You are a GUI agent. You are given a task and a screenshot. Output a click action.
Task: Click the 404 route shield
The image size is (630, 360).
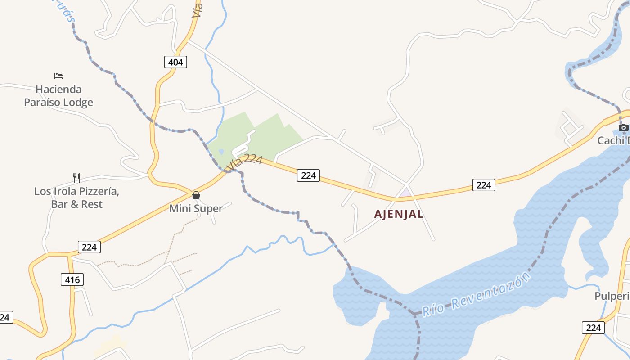tap(175, 62)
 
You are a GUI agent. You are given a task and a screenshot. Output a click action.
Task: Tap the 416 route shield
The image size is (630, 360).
tap(72, 280)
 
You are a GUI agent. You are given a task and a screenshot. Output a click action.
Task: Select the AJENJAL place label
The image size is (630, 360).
tap(399, 214)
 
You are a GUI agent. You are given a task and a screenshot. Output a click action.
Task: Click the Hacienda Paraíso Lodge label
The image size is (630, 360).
tap(58, 96)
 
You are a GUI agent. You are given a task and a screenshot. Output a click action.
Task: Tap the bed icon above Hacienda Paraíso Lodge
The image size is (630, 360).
tap(58, 76)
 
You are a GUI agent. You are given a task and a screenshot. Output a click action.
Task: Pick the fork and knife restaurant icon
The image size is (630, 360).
tap(76, 178)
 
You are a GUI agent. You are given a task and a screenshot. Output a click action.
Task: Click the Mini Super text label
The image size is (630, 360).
tap(196, 209)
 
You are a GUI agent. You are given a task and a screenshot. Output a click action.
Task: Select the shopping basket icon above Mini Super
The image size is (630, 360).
tap(196, 195)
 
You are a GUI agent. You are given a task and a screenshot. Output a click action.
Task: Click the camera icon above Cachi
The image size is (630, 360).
tap(624, 128)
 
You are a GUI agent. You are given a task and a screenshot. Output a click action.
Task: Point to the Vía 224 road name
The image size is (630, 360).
tap(244, 162)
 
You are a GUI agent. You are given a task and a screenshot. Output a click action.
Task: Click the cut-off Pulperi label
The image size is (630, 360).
tap(612, 296)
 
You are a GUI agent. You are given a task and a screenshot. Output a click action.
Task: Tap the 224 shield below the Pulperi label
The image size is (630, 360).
tap(593, 328)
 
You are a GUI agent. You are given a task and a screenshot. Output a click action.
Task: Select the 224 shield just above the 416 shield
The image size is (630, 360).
tap(89, 247)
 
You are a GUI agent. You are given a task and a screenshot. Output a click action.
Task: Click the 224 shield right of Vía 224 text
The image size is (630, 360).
tap(308, 175)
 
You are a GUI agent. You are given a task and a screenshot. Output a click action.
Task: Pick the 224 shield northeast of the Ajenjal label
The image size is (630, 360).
tap(484, 184)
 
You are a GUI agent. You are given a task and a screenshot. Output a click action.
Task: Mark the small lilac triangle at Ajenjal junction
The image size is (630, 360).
tap(406, 193)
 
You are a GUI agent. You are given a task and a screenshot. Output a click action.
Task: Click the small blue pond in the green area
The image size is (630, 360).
tap(221, 152)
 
